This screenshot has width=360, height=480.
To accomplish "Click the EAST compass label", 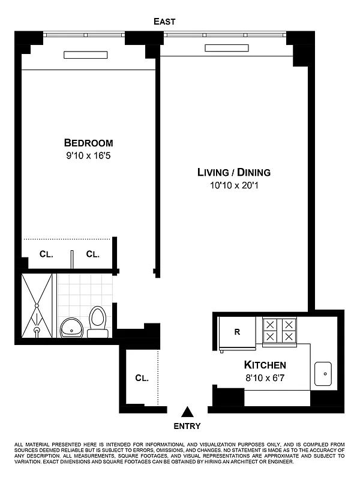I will (x=164, y=22).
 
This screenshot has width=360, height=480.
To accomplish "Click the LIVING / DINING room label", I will (x=233, y=172).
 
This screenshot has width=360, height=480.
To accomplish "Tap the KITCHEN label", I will (x=265, y=365).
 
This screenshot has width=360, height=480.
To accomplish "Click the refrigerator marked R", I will (x=236, y=332).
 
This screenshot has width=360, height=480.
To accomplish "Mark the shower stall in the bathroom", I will (x=37, y=306).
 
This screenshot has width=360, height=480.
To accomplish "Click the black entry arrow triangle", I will (x=188, y=412).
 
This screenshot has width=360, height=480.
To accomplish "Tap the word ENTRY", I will (x=188, y=427).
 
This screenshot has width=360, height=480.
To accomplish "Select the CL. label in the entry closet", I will (x=142, y=378).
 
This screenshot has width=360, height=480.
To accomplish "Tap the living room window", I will (x=225, y=34).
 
